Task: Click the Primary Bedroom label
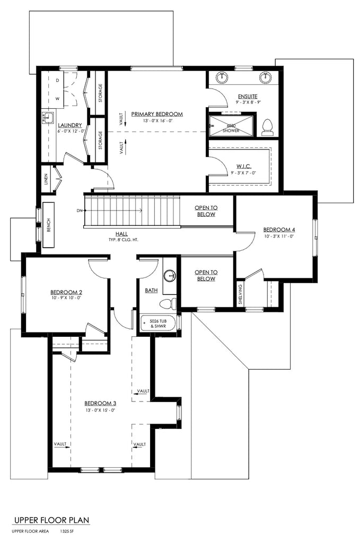point(157,114)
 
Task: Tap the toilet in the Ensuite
point(268,126)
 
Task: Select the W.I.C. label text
point(243,166)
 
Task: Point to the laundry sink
point(48,117)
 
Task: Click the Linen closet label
point(46,180)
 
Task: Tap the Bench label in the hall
point(48,225)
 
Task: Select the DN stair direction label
point(80,211)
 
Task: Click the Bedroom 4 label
point(279,230)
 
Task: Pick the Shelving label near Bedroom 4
point(240,294)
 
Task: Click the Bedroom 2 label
point(66,292)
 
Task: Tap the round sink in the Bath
point(170,276)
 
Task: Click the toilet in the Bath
point(168,304)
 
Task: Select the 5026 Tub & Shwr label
point(158,323)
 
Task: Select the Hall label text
point(121,234)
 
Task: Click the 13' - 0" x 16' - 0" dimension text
point(157,121)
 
